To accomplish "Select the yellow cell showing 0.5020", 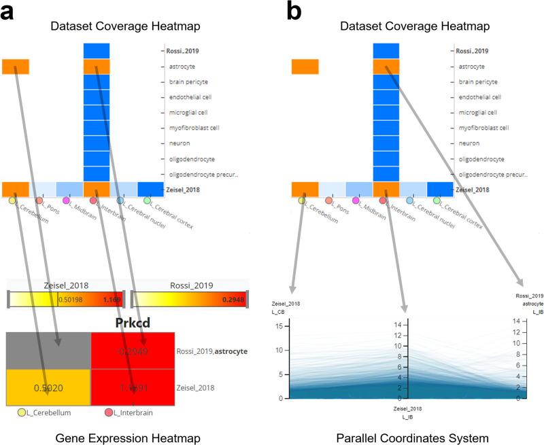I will (47, 387).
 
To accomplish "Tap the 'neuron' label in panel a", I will (176, 143).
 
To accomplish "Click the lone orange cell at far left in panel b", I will (305, 67).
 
